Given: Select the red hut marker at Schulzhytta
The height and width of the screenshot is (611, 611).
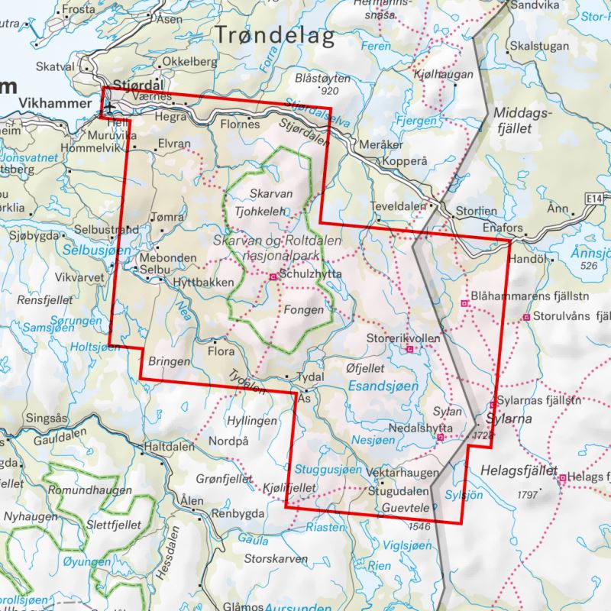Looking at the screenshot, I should tap(273, 276).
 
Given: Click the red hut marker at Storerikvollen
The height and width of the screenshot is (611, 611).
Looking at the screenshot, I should tap(410, 349).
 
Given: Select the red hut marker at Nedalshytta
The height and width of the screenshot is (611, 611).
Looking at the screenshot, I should tap(441, 438).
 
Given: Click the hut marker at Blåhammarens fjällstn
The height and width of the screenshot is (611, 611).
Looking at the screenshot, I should tap(464, 303).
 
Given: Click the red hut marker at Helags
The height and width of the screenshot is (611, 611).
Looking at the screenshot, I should tap(563, 478).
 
